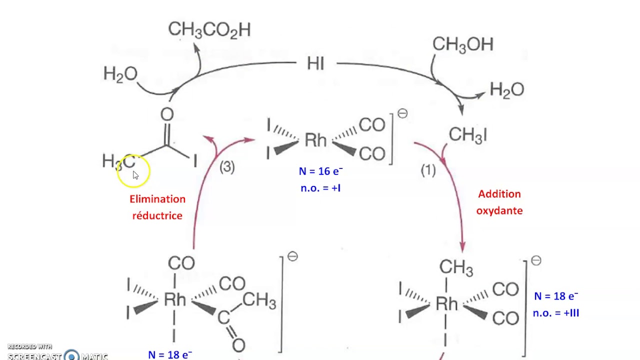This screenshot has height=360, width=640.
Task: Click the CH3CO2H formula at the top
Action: point(209,30)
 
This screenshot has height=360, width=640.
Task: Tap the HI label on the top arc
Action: point(315,64)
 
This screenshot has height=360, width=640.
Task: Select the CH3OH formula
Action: point(462,44)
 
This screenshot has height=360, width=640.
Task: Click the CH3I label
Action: point(467,135)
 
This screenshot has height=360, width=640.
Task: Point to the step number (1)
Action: point(428,170)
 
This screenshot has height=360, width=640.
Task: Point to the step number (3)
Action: point(227,167)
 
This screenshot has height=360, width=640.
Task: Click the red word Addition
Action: point(499,194)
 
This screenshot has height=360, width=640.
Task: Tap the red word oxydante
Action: point(499,210)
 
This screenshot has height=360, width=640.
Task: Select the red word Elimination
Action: point(157,199)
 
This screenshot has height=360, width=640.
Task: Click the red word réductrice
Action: point(157,215)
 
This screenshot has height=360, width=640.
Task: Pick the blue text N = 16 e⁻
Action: point(320,171)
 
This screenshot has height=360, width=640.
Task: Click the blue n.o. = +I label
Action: point(320,188)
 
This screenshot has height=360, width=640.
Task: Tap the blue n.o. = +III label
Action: point(555,313)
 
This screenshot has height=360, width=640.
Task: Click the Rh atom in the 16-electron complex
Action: point(315,140)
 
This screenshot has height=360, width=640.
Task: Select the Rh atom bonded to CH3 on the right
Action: point(446,303)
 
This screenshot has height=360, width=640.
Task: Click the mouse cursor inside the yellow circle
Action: point(135,175)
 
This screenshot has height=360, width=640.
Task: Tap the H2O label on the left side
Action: point(120,74)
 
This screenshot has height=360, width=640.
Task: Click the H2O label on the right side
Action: point(506,90)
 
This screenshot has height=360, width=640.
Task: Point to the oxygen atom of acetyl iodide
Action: point(167,114)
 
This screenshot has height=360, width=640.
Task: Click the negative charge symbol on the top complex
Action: point(402,114)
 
